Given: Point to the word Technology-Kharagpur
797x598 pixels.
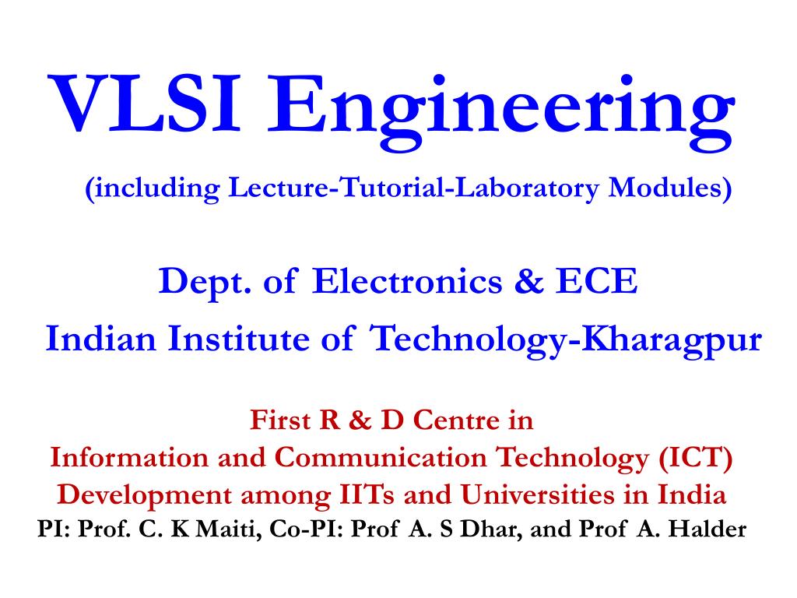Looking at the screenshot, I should coord(565,340).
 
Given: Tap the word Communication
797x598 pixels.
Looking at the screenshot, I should coord(383,458).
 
